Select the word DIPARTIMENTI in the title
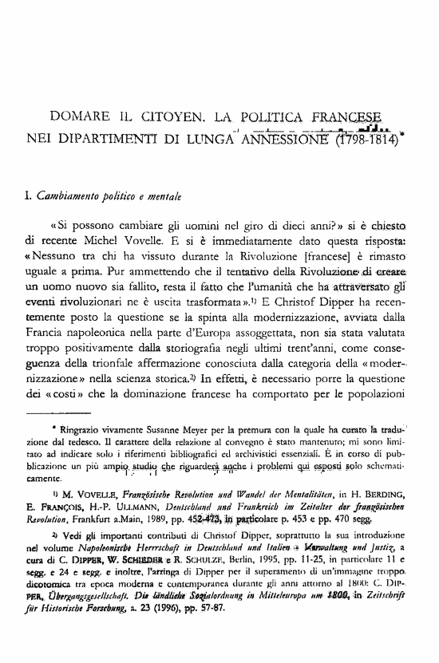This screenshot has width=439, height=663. (x=102, y=138)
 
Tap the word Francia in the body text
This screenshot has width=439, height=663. (x=46, y=322)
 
